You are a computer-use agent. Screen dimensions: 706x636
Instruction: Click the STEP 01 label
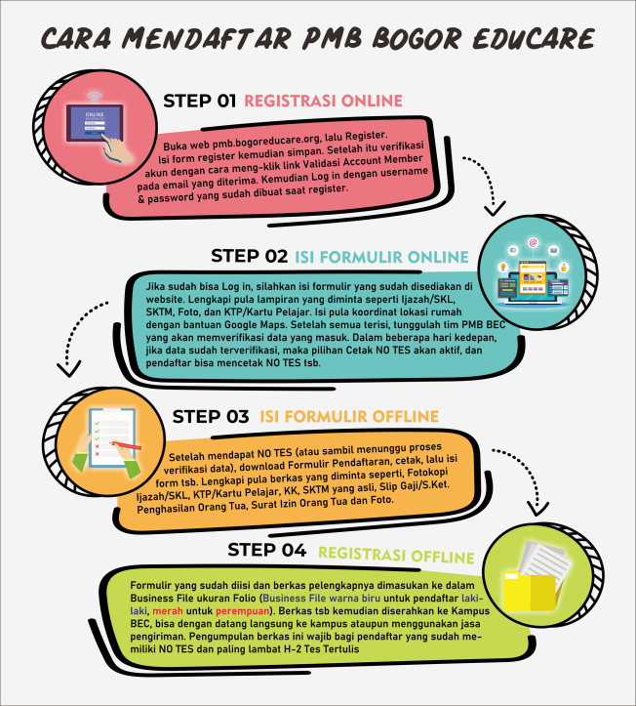pos(199,101)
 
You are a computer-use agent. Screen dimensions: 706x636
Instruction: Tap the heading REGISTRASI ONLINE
pos(323,101)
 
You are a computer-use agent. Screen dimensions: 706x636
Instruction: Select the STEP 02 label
pos(249,257)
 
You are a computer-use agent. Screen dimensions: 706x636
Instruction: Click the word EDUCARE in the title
pos(535,38)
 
